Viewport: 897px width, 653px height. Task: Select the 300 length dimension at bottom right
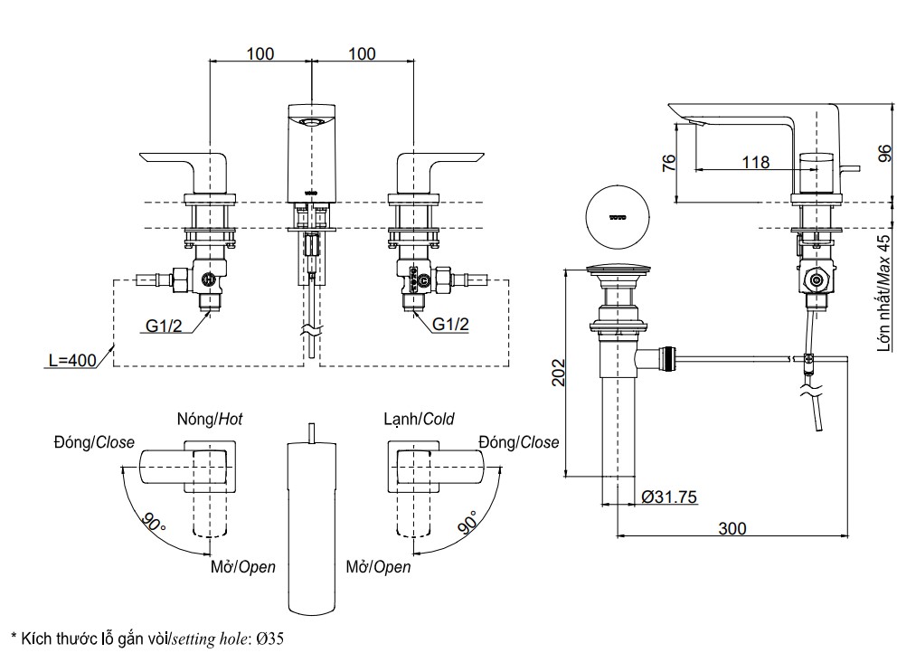[x=733, y=527]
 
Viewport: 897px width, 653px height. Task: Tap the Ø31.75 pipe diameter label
[x=669, y=497]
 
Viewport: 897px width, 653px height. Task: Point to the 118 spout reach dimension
[x=755, y=163]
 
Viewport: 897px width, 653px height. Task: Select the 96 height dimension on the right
[x=884, y=156]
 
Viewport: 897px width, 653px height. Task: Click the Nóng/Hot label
[x=210, y=419]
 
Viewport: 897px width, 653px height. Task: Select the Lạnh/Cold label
[x=419, y=419]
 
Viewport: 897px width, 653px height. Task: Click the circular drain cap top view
[x=618, y=218]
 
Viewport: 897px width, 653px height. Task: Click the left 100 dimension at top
[x=260, y=53]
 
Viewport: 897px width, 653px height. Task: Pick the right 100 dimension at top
[x=362, y=53]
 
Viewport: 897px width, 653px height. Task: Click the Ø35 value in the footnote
[x=269, y=639]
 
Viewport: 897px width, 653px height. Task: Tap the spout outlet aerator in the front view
[x=311, y=121]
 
